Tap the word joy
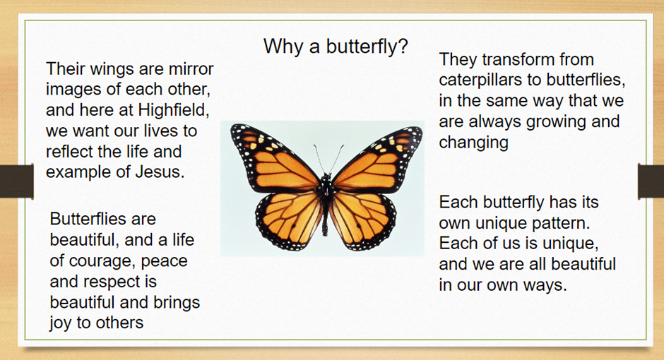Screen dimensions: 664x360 [61, 323]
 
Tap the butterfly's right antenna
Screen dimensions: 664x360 [336, 158]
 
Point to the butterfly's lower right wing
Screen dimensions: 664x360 [362, 220]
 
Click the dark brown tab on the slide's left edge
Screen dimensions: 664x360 [16, 181]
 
